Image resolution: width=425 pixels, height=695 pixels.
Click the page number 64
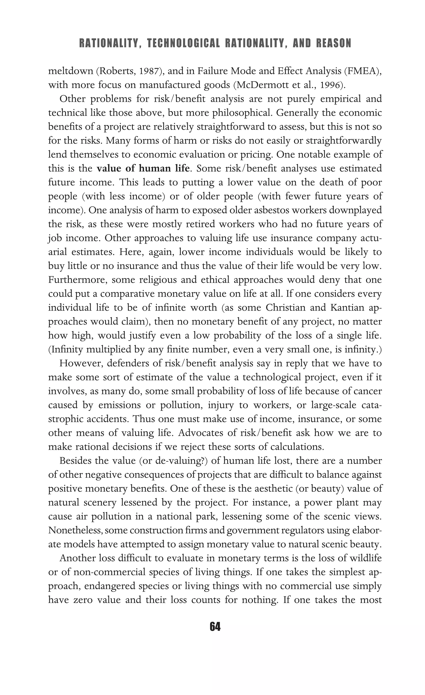[x=215, y=627]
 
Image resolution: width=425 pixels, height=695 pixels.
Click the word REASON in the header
[x=334, y=43]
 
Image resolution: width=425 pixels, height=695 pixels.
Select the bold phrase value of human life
[x=143, y=168]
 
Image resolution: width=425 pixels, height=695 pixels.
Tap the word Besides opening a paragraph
[x=75, y=461]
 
